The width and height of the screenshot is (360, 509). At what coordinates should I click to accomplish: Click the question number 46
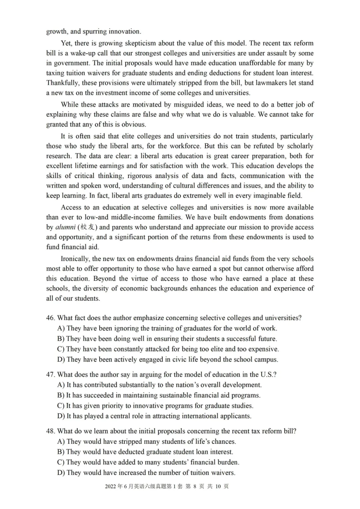pyautogui.click(x=51, y=318)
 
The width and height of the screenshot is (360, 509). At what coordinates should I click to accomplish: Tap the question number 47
pyautogui.click(x=51, y=375)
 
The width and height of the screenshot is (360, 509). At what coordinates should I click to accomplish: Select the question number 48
pyautogui.click(x=51, y=431)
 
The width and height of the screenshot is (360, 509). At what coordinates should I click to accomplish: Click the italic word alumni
pyautogui.click(x=65, y=227)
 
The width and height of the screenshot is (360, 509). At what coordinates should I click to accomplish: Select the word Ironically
pyautogui.click(x=75, y=259)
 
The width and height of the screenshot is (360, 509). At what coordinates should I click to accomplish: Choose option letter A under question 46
pyautogui.click(x=61, y=328)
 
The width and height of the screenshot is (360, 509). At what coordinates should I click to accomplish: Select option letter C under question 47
pyautogui.click(x=61, y=406)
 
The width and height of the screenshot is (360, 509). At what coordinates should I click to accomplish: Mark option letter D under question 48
pyautogui.click(x=61, y=473)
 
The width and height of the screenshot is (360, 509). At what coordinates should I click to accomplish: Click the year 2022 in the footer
pyautogui.click(x=111, y=486)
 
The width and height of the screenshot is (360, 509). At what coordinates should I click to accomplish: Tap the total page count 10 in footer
pyautogui.click(x=218, y=486)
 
